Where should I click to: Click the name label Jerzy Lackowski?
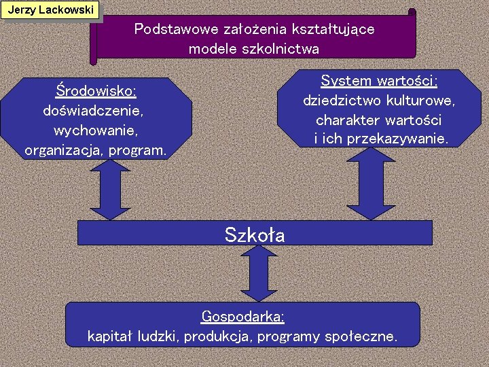pyautogui.click(x=50, y=10)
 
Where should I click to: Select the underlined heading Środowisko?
pyautogui.click(x=96, y=90)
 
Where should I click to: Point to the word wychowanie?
pyautogui.click(x=95, y=130)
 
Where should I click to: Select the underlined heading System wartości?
pyautogui.click(x=379, y=81)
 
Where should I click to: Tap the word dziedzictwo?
pyautogui.click(x=343, y=101)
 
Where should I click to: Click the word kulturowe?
pyautogui.click(x=421, y=101)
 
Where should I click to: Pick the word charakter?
pyautogui.click(x=348, y=120)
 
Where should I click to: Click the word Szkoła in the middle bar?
pyautogui.click(x=255, y=234)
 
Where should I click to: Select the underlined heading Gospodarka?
pyautogui.click(x=242, y=316)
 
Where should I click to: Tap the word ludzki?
pyautogui.click(x=158, y=336)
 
